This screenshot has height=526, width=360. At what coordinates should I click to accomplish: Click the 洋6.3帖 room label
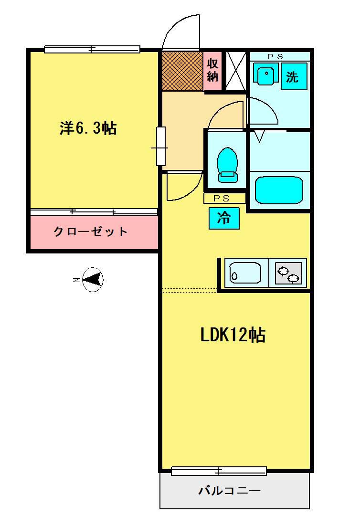(x=88, y=128)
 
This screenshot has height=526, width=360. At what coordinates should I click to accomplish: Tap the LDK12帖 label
(x=233, y=335)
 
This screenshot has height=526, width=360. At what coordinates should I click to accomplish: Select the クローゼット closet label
(x=91, y=231)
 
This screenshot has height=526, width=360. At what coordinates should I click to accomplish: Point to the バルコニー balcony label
(x=230, y=491)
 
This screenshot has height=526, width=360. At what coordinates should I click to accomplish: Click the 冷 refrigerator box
(x=224, y=219)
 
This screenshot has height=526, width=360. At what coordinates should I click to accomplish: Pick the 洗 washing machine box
(x=294, y=76)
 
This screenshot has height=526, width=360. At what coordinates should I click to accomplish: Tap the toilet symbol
(x=227, y=165)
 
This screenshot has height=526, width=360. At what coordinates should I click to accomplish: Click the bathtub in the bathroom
(x=279, y=190)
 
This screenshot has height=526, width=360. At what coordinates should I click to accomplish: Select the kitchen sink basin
(x=245, y=273)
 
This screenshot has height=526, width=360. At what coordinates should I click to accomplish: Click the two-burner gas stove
(x=288, y=273)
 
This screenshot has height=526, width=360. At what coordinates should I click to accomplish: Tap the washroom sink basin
(x=266, y=74)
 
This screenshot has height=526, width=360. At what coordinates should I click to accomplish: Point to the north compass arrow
(x=92, y=279)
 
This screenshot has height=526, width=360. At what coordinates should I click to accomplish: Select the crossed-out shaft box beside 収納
(x=236, y=71)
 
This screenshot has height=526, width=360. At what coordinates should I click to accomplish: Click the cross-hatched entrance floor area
(x=182, y=71)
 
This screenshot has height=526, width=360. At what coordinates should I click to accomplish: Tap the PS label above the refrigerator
(x=222, y=199)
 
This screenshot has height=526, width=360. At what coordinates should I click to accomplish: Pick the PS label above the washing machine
(x=276, y=57)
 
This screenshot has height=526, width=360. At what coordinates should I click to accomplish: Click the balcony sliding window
(x=219, y=471)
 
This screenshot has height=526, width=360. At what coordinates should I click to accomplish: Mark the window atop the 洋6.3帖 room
(x=92, y=49)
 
